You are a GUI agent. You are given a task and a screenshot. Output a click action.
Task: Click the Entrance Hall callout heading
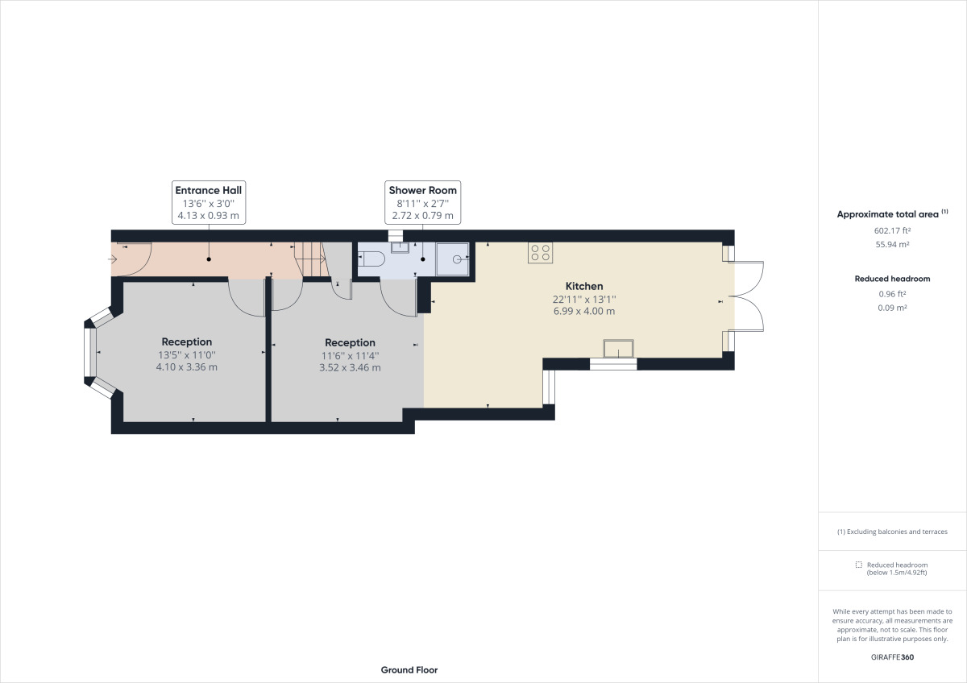(x=209, y=190)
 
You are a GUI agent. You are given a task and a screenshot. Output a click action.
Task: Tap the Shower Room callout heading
(x=422, y=190)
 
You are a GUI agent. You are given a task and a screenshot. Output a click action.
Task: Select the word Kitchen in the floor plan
(x=584, y=286)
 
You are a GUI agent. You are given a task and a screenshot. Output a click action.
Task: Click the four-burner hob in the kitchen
(x=541, y=253)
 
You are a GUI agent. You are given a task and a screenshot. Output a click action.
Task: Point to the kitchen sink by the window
(x=619, y=348)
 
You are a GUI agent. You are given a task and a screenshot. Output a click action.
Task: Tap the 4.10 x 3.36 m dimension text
(x=187, y=367)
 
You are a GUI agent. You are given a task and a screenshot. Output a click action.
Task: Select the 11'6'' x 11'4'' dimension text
(x=350, y=355)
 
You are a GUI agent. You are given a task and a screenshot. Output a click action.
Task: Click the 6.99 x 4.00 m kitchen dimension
(x=584, y=311)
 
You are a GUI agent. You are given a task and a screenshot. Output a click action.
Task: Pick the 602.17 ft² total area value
(x=892, y=230)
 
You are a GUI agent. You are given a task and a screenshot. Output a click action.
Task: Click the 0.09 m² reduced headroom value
(x=892, y=308)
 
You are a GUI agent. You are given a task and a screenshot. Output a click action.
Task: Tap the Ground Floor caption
(x=409, y=670)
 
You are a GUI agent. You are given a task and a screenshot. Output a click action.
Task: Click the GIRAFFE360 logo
(x=892, y=656)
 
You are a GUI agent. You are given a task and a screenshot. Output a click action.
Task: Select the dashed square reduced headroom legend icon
(x=859, y=565)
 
